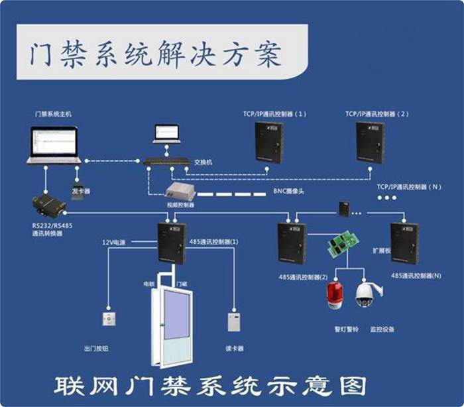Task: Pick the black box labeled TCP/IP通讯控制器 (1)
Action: click(x=270, y=142)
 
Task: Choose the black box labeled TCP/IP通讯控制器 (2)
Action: click(x=371, y=142)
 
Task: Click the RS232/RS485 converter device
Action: click(x=45, y=205)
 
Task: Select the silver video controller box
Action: click(x=180, y=192)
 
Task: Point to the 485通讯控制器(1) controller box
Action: click(x=172, y=243)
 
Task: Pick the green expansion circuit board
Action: click(x=340, y=246)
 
